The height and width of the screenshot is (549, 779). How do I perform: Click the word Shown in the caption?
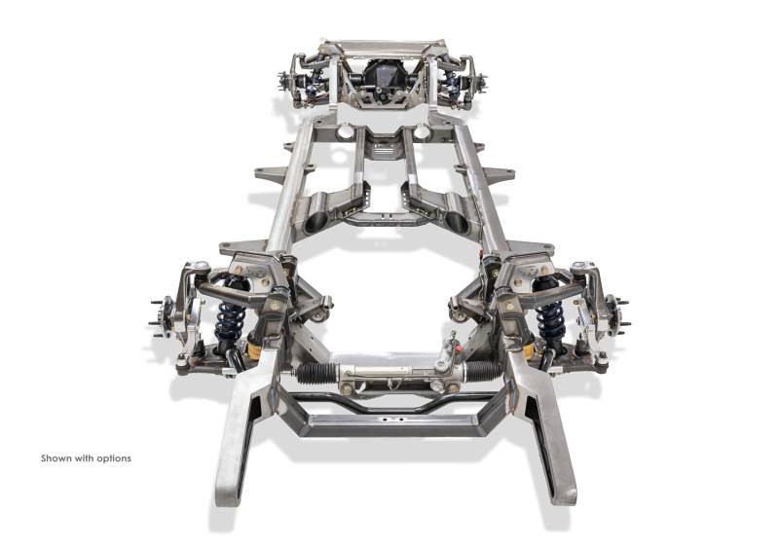[56, 458]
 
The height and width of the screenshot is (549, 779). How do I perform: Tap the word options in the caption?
[114, 458]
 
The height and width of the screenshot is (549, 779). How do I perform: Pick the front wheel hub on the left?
[163, 316]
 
